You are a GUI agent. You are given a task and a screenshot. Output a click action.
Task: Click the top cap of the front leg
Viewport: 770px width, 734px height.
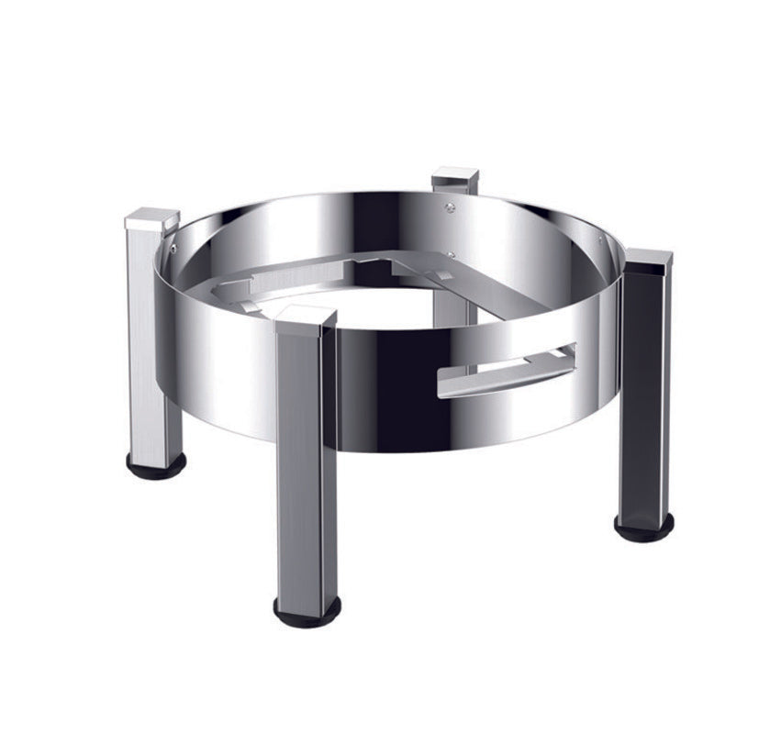pos(306,317)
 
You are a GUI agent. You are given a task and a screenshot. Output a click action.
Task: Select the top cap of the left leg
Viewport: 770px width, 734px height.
pos(152,218)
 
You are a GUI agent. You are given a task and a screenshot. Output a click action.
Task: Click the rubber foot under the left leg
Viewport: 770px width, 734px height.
pos(156,462)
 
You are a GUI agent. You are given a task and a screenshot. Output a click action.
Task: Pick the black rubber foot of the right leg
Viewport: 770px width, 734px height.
pos(643,528)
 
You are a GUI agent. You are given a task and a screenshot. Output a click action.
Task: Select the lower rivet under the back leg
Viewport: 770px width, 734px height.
pos(452,254)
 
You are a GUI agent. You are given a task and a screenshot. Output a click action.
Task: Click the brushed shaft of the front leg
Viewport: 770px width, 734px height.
pos(306,459)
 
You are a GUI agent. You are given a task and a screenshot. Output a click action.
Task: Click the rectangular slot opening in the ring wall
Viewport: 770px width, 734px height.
pos(509,363)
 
